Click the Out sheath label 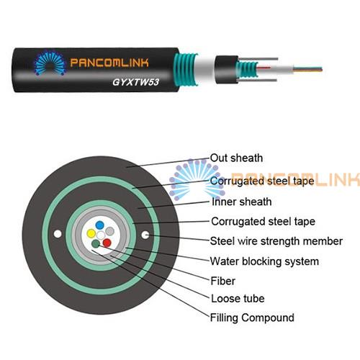[236, 158]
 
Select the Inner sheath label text [241, 202]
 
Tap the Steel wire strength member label [276, 241]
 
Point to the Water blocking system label [264, 261]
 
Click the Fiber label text [222, 281]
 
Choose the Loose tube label [238, 299]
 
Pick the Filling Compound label [252, 318]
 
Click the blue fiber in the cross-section [99, 225]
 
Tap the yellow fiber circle [91, 233]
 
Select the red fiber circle [107, 243]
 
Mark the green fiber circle [96, 244]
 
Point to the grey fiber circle [109, 231]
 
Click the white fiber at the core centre [101, 235]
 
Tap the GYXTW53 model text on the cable [135, 82]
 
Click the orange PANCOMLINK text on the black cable [109, 63]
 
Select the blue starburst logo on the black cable [50, 63]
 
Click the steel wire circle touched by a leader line [145, 235]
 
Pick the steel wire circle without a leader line [58, 234]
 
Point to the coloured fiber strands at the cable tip [308, 70]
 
